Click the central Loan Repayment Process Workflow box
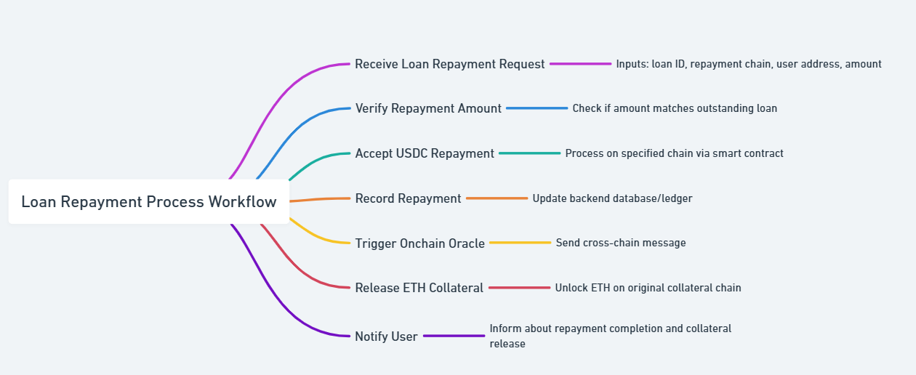point(149,201)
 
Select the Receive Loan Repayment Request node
point(450,64)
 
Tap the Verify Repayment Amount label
point(428,108)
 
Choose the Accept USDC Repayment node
point(425,153)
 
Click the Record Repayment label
point(408,198)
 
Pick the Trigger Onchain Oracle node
point(420,243)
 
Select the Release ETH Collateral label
point(419,288)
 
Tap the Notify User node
point(386,336)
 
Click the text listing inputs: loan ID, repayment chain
point(749,64)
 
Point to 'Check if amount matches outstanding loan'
point(675,108)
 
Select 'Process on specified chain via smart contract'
point(675,153)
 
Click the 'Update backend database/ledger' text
point(613,198)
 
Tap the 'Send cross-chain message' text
point(621,243)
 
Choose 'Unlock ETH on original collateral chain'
point(648,288)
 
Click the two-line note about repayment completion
point(611,336)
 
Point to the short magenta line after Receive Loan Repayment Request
point(581,64)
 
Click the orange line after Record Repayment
point(497,198)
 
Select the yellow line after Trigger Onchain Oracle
point(521,243)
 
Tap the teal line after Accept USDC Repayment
point(529,153)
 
